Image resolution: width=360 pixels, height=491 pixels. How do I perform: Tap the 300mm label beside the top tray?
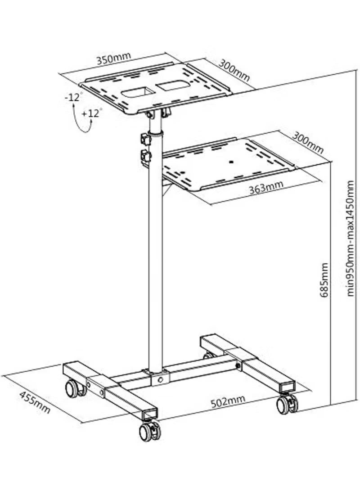(x=234, y=70)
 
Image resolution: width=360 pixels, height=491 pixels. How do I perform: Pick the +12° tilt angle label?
(x=92, y=113)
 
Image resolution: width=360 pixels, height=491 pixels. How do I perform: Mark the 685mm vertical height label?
(x=324, y=280)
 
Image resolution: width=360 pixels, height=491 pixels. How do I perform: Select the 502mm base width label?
(x=228, y=400)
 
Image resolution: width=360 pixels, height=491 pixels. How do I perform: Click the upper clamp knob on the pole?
(x=145, y=137)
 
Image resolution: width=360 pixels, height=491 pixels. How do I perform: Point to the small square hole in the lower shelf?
(x=232, y=162)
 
